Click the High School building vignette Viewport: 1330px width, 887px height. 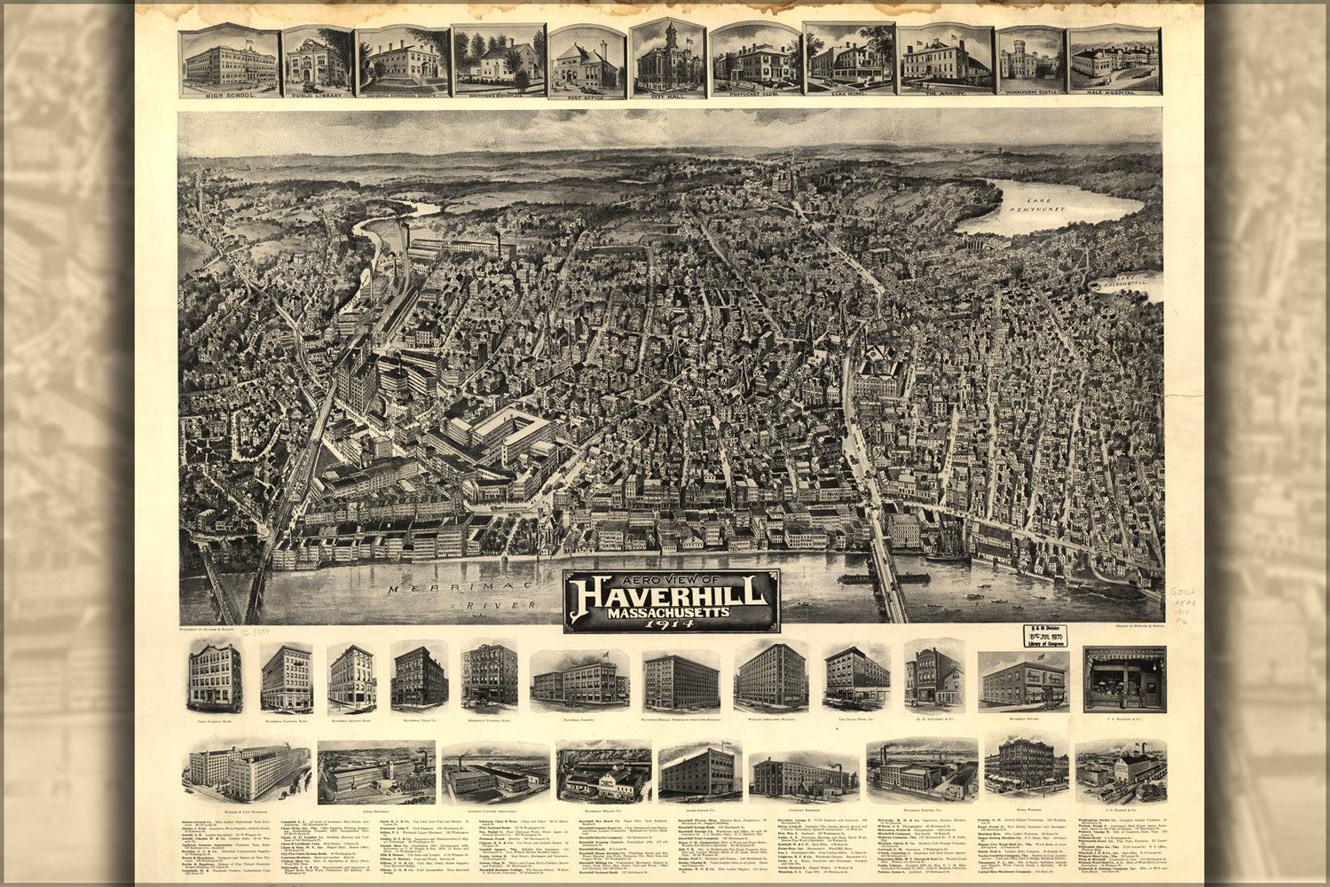coord(229,60)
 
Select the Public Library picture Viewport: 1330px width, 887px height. coord(317,60)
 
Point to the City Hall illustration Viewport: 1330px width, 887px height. coord(667,59)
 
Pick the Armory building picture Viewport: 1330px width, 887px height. coord(943,59)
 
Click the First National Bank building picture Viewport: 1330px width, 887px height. coord(215,679)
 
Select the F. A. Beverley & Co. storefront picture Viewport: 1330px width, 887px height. coord(1124,679)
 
